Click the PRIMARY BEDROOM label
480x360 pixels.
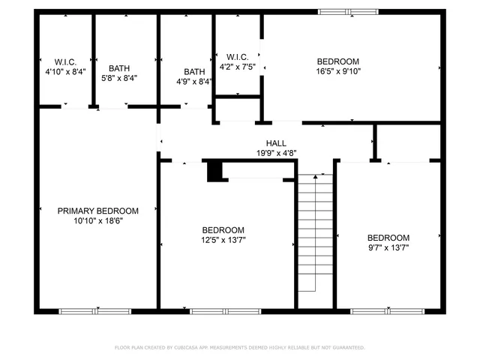(98, 211)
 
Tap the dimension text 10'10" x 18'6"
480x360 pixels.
(98, 221)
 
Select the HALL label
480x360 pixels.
(276, 142)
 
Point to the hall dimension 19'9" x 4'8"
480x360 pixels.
(276, 153)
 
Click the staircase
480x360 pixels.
(314, 234)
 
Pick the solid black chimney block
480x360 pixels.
(215, 171)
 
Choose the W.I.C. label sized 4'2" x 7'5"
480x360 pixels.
(238, 56)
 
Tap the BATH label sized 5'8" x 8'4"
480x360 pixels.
(119, 67)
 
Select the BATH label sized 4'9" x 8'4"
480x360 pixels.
(194, 72)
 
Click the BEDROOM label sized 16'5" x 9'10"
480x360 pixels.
(337, 61)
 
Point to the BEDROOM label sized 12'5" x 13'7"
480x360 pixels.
(223, 229)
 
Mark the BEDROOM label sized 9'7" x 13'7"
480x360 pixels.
(388, 236)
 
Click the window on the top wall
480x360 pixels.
(348, 11)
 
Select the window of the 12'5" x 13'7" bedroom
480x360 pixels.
(226, 310)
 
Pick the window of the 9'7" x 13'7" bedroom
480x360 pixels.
(386, 310)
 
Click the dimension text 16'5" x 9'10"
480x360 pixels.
(337, 72)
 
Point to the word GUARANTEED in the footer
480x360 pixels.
(348, 347)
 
